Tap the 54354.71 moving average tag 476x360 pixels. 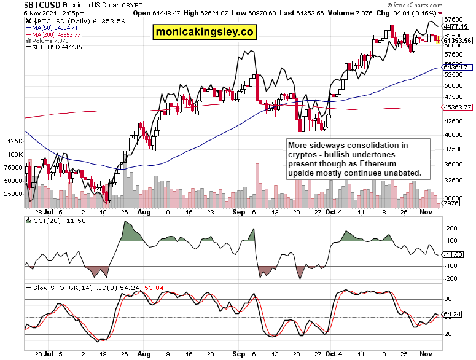tap(457, 67)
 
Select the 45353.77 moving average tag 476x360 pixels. tap(457, 108)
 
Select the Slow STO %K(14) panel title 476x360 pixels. tap(68, 287)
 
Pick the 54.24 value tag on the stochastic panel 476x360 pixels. tap(452, 315)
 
